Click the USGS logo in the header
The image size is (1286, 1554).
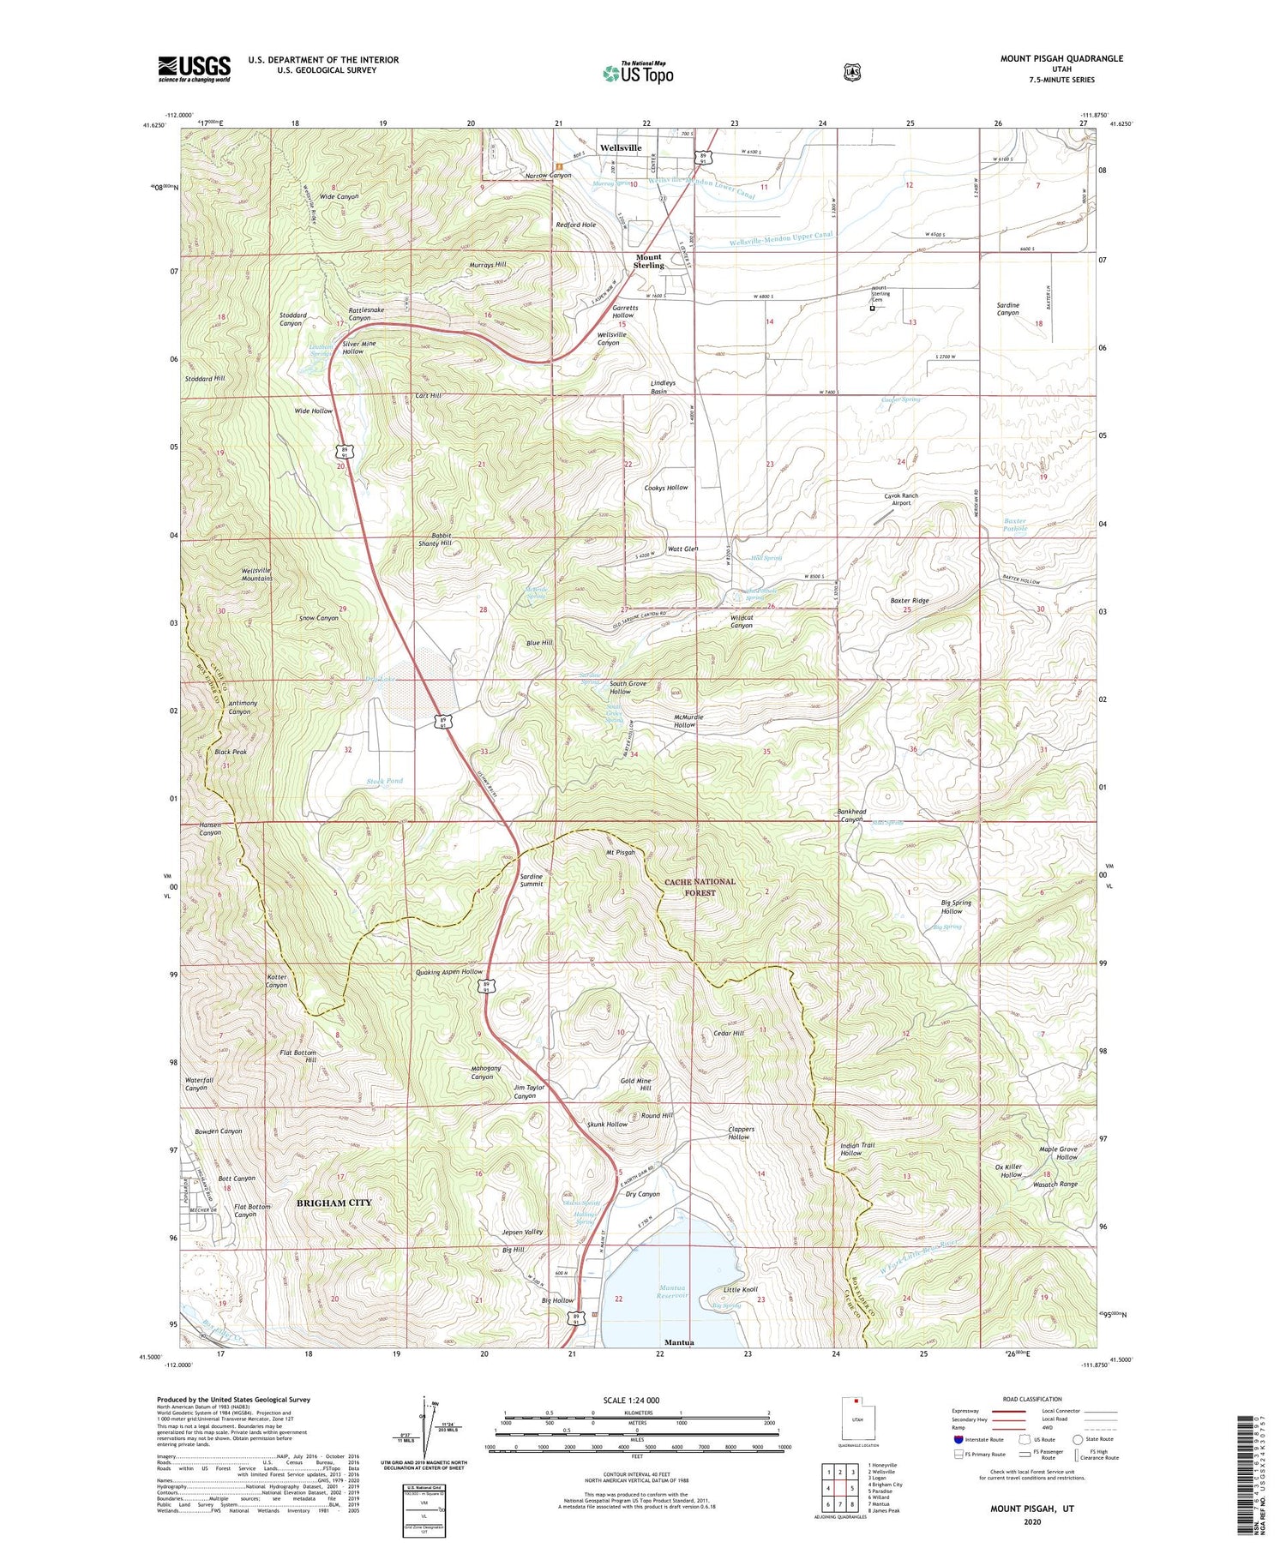pyautogui.click(x=195, y=69)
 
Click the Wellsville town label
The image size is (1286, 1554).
pyautogui.click(x=621, y=148)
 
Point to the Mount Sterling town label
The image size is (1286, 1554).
pyautogui.click(x=649, y=261)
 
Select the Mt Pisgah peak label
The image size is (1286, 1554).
pyautogui.click(x=620, y=853)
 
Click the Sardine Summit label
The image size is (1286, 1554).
pyautogui.click(x=532, y=881)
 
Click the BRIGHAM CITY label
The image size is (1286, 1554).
pyautogui.click(x=334, y=1203)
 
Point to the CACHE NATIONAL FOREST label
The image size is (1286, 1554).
pyautogui.click(x=700, y=886)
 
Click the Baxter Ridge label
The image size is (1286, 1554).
pyautogui.click(x=909, y=601)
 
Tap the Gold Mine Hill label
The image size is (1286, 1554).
pyautogui.click(x=636, y=1084)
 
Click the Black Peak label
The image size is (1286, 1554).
pyautogui.click(x=231, y=752)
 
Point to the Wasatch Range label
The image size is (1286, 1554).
pyautogui.click(x=1055, y=1184)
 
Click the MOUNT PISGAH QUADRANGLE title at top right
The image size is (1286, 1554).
pyautogui.click(x=1061, y=58)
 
